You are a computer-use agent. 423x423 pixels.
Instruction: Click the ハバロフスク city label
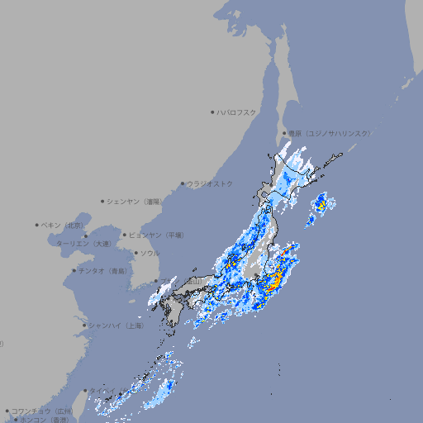pos(238,112)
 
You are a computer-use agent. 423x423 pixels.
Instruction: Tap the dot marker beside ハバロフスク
pos(212,112)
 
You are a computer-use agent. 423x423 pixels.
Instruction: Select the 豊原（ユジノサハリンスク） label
pos(330,133)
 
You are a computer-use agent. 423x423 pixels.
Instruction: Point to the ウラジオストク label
pos(210,183)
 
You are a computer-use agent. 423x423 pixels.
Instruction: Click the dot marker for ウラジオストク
pos(183,183)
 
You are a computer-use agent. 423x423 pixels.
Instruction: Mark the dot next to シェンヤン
pos(102,201)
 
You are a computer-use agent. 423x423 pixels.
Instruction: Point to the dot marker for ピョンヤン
pos(125,235)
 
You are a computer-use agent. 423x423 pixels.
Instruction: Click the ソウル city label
pos(150,253)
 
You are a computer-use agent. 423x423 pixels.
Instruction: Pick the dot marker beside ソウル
pos(135,253)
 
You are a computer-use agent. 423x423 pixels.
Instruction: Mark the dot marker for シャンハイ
pos(84,326)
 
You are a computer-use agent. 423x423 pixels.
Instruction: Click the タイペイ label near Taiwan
pos(104,391)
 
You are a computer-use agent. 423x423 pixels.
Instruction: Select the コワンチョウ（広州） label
pos(42,411)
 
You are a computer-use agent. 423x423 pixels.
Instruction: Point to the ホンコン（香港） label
pos(45,420)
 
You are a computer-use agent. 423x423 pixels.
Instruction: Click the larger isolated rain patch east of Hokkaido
pos(321,202)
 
